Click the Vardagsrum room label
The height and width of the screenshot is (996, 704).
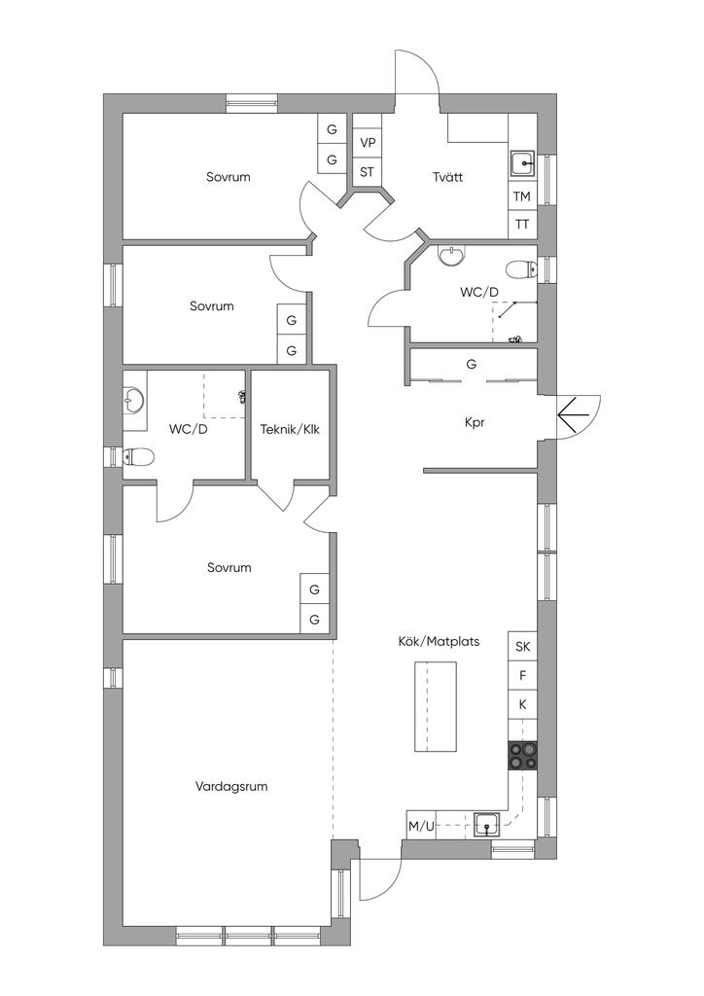231,786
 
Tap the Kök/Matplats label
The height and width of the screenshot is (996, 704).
439,642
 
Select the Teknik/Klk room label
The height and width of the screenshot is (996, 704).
290,429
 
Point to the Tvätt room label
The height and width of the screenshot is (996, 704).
448,177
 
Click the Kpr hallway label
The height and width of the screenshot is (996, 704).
475,422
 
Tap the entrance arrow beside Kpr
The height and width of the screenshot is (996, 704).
575,415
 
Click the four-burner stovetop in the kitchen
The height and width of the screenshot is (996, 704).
523,757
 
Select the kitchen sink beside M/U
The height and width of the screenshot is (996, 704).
487,825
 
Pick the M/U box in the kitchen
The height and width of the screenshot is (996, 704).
421,826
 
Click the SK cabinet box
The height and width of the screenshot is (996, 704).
522,647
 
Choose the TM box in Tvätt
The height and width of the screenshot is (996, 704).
522,196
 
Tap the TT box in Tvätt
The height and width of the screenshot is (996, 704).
522,225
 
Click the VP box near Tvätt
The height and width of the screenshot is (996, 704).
368,143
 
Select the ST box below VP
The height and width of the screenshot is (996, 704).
368,171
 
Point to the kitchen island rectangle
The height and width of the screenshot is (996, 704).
436,706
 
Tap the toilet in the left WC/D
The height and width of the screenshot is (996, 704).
138,456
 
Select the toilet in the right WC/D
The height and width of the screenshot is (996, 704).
522,270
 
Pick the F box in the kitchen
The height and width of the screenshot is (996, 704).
522,676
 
